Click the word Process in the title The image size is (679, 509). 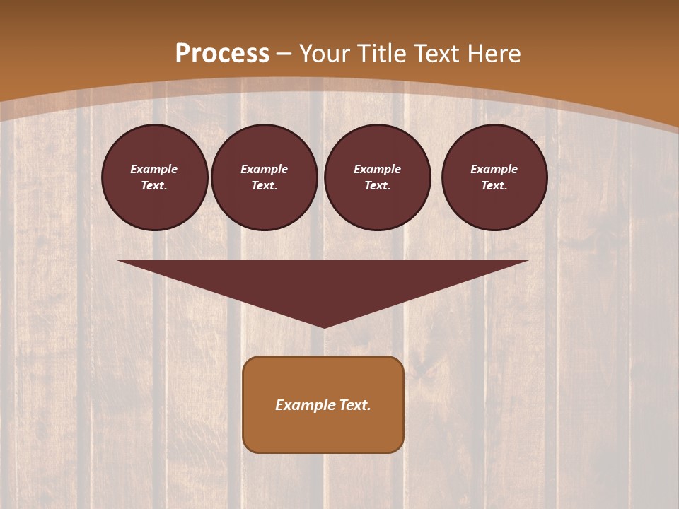[222, 54]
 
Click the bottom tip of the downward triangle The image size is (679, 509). [324, 326]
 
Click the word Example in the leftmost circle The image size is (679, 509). [154, 169]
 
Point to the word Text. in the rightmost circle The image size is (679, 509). [494, 186]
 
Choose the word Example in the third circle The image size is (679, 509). [378, 169]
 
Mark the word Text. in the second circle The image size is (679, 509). [265, 186]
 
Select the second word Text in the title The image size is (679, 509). [436, 54]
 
